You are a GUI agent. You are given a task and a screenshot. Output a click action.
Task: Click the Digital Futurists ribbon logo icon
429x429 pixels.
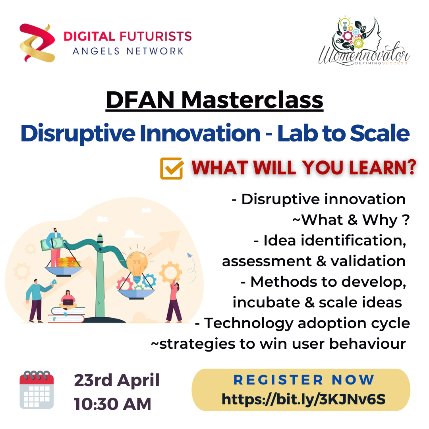click(37, 43)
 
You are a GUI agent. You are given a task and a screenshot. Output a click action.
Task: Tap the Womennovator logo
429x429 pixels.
click(364, 41)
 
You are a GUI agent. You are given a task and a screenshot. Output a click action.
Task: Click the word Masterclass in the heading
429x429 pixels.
click(252, 100)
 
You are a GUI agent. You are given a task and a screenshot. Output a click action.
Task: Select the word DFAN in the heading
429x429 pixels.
click(140, 100)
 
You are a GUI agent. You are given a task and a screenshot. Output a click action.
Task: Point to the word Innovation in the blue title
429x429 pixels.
click(200, 133)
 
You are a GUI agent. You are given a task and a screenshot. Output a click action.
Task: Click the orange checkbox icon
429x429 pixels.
click(172, 168)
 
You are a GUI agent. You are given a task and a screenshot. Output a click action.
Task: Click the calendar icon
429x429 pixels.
click(37, 390)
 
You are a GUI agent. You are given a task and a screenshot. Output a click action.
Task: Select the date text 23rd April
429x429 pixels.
click(117, 380)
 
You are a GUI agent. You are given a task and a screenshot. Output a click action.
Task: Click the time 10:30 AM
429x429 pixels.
click(112, 404)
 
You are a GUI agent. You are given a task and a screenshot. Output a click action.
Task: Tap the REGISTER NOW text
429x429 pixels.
click(304, 380)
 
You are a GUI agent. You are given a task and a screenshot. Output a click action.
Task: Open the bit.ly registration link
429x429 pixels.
click(303, 399)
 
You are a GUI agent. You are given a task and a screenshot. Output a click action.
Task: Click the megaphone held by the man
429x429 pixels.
click(53, 282)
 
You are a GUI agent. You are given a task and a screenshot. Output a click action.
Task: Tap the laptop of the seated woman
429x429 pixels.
click(68, 302)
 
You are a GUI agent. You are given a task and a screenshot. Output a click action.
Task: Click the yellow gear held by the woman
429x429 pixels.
click(170, 272)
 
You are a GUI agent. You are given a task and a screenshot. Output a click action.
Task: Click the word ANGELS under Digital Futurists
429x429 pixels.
click(96, 51)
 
